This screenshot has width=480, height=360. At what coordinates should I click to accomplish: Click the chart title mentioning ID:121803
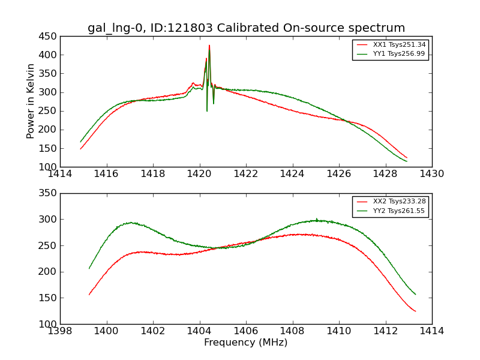coord(246,28)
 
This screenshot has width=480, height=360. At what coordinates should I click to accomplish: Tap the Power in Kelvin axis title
coord(31,101)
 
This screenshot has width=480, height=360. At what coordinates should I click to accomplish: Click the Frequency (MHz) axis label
coord(245,343)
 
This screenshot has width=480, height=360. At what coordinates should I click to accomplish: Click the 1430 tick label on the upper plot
coord(431,174)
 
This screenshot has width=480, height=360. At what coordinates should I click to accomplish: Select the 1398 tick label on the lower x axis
coord(61,331)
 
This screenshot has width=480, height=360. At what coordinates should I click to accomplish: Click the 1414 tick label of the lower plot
coord(431,331)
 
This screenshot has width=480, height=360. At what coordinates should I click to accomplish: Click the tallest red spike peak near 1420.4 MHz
coord(209,45)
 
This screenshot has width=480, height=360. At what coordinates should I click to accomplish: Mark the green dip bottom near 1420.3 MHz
coord(207,111)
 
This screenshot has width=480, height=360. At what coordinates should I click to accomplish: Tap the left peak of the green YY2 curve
coord(130,223)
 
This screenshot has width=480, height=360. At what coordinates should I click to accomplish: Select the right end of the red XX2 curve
coord(415,311)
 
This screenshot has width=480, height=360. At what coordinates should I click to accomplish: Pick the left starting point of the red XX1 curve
coord(80,149)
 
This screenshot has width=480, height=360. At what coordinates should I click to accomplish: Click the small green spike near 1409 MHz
coord(317,218)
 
